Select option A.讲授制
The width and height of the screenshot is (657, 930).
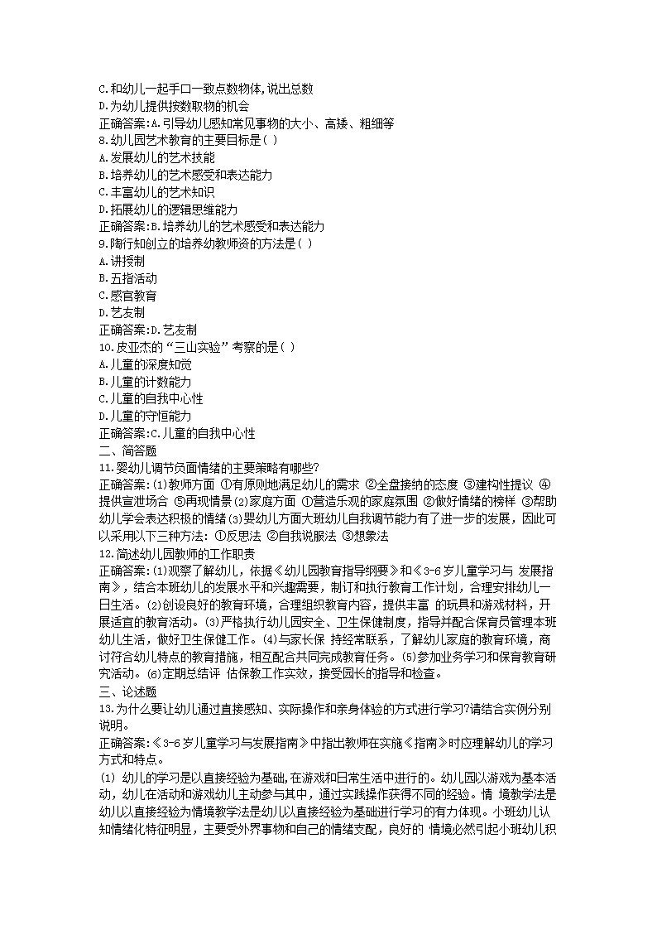122,261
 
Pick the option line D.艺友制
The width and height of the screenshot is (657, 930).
122,313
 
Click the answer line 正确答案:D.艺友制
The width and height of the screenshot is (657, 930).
147,330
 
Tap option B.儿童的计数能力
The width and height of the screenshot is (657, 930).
145,382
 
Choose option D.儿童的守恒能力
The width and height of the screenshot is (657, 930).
145,416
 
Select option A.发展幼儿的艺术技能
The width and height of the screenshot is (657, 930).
156,157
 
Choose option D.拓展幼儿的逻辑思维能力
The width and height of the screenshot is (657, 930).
168,210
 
